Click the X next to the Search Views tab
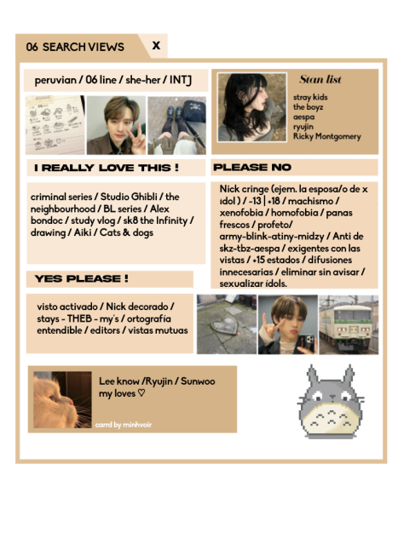[x=156, y=45]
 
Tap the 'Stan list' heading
[x=320, y=79]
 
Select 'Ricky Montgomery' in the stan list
[x=326, y=136]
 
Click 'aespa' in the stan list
[x=303, y=117]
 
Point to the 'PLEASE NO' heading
[x=252, y=168]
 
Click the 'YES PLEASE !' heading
[x=82, y=278]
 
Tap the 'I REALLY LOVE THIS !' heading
[x=107, y=168]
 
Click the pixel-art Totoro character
[x=331, y=402]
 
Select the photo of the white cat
[x=62, y=400]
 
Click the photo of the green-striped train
[x=349, y=324]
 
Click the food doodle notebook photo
[x=55, y=125]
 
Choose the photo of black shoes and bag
[x=177, y=125]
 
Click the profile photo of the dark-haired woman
[x=252, y=107]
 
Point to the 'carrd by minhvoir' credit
[x=124, y=425]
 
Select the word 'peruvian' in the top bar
[x=55, y=81]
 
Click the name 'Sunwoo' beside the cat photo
[x=198, y=381]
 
